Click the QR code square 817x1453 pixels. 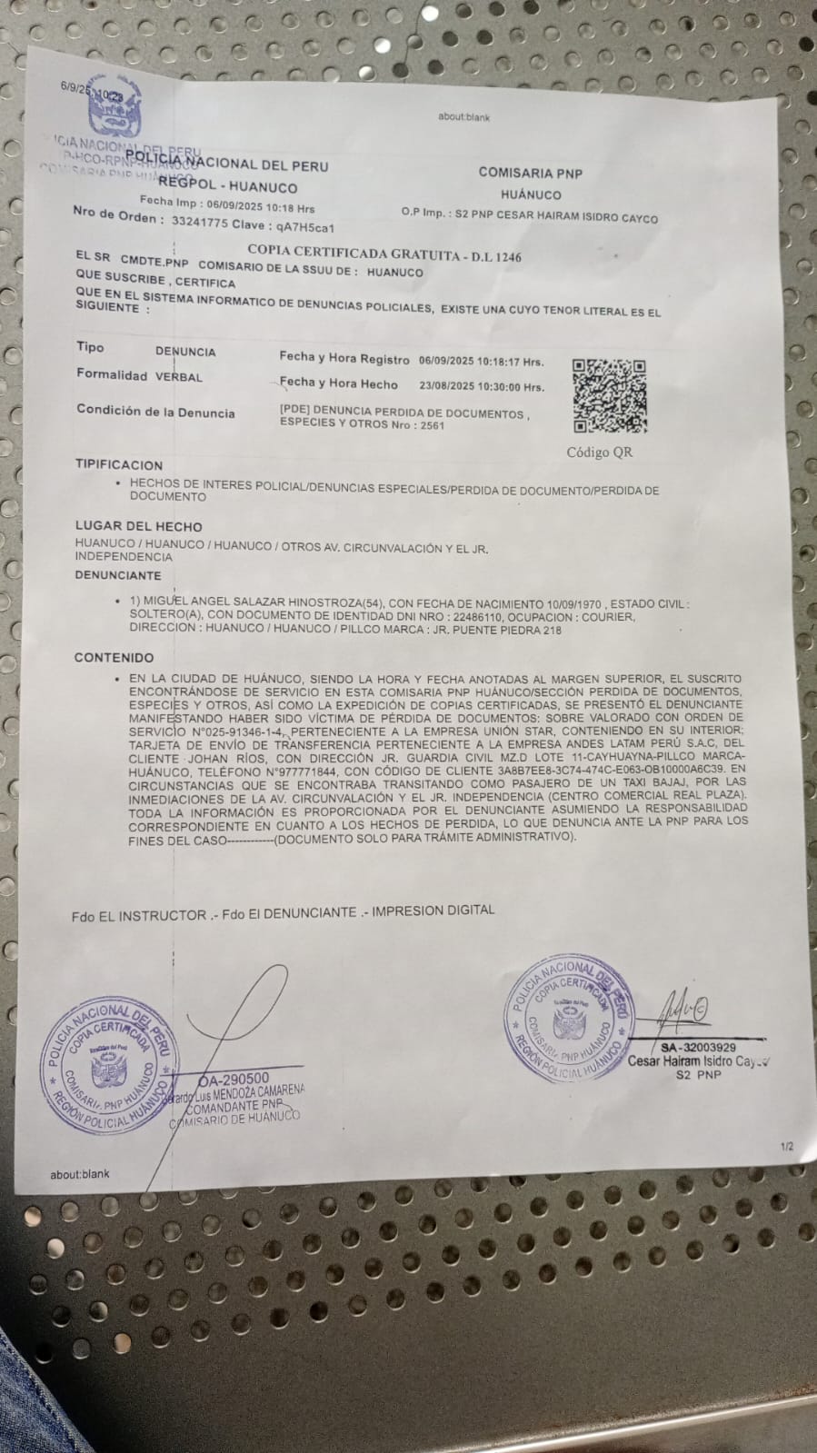coord(609,396)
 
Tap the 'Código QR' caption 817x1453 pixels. coord(600,452)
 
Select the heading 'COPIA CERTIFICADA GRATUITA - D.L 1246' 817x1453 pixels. coord(384,255)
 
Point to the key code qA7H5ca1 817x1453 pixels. coord(312,227)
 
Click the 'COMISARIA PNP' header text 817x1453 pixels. coord(531,173)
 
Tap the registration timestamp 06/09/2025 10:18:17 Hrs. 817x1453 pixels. coord(482,362)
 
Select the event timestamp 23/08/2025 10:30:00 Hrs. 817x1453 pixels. coord(482,386)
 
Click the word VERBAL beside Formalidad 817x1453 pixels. coord(179,376)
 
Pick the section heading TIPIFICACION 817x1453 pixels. coord(119,465)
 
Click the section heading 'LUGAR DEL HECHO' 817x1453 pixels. coord(138,526)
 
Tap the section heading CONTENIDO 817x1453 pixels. coord(114,657)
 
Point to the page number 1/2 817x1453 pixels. coord(786,1147)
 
